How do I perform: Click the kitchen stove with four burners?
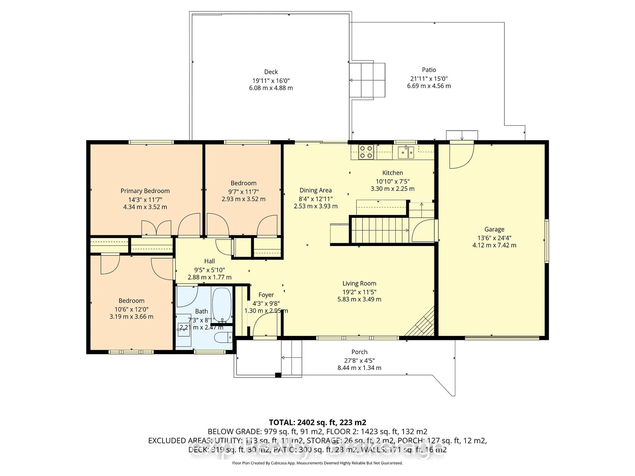click(366, 152)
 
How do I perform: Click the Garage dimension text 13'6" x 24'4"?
click(494, 238)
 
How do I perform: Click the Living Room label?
click(359, 283)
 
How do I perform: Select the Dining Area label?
click(316, 190)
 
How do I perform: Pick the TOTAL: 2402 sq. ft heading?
click(317, 422)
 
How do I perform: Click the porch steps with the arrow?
click(291, 357)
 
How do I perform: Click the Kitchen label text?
click(392, 173)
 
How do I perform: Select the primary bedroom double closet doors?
click(156, 228)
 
